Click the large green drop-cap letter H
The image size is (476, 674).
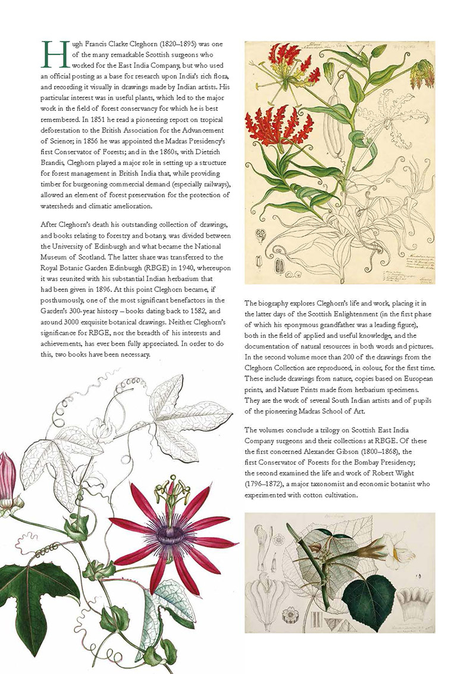50,53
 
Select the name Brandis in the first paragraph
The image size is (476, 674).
55,159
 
